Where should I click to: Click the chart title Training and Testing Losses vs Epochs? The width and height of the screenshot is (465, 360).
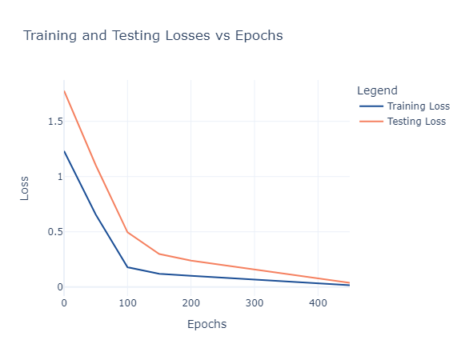pos(153,35)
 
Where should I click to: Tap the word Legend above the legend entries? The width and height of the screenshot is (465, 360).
pos(377,90)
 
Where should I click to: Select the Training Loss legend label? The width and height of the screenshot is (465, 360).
pos(419,106)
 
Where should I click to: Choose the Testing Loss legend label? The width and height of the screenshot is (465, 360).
pos(416,122)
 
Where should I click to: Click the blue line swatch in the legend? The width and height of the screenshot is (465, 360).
pos(371,106)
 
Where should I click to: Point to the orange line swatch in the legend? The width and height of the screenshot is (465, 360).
pos(371,122)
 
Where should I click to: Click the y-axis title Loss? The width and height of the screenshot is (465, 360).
pos(24,188)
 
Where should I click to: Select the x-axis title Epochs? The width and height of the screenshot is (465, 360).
pos(206,324)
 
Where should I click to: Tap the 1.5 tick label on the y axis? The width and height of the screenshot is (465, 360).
pos(55,122)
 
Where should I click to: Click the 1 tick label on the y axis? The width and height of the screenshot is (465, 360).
pos(61,177)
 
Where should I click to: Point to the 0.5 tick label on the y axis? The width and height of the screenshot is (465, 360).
pos(55,231)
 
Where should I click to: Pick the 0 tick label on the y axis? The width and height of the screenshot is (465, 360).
pos(60,286)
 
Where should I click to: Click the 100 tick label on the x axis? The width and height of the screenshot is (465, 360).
pos(127,303)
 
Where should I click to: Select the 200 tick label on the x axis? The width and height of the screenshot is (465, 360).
pos(191,303)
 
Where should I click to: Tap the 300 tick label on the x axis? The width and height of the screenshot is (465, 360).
pos(255,303)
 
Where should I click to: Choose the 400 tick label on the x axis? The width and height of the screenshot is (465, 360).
pos(318,303)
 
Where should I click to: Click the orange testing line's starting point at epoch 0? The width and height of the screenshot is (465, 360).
pos(64,91)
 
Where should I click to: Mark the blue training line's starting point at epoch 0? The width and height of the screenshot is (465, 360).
pos(64,151)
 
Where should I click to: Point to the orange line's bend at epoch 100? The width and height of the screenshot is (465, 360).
pos(127,232)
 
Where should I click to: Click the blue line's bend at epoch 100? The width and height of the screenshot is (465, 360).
pos(127,267)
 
